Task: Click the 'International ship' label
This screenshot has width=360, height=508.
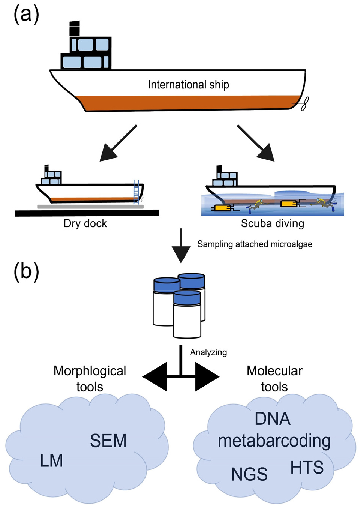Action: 188,85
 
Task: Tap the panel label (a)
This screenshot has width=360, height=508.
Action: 26,15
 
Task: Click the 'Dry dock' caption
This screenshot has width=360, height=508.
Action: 85,223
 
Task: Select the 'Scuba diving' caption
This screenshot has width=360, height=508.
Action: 272,223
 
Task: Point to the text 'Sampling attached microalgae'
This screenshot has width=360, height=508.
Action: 255,244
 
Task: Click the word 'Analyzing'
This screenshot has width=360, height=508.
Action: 208,352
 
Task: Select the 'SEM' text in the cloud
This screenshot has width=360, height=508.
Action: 108,441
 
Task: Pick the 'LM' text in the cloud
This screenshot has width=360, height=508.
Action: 51,461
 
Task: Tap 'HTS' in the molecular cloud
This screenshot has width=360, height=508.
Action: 307,468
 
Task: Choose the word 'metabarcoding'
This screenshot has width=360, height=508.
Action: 274,441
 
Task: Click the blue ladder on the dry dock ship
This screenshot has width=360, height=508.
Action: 136,192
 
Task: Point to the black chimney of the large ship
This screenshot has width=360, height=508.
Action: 75,29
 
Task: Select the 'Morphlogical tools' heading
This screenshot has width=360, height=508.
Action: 90,379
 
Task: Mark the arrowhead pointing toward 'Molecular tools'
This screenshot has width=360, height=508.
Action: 207,377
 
